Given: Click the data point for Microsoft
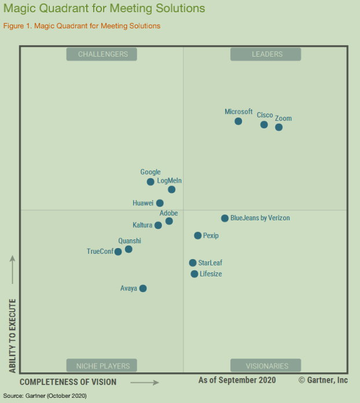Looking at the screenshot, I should [238, 121].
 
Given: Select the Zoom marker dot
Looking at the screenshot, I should [279, 127].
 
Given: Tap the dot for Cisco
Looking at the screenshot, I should [264, 125].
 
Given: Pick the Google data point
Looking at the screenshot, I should [150, 182].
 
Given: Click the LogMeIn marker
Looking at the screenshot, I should [171, 190].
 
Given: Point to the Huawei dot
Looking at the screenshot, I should [160, 203].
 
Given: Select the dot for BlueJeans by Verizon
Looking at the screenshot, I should [225, 218].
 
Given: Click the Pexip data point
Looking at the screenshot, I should [198, 235].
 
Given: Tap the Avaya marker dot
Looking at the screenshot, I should [143, 289].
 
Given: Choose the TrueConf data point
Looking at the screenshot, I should [118, 252].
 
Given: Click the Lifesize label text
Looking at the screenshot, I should [211, 274].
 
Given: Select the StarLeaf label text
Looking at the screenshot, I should [210, 262].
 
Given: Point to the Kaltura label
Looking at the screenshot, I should [142, 225].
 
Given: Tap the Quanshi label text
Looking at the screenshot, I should [130, 241].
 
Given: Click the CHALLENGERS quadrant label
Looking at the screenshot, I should [101, 54].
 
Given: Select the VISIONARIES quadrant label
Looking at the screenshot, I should [266, 366].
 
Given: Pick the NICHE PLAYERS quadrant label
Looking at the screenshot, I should [101, 366].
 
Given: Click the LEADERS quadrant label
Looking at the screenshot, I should [266, 54].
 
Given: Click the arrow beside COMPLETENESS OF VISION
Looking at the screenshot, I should [145, 382].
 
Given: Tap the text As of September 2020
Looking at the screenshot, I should [237, 380].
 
